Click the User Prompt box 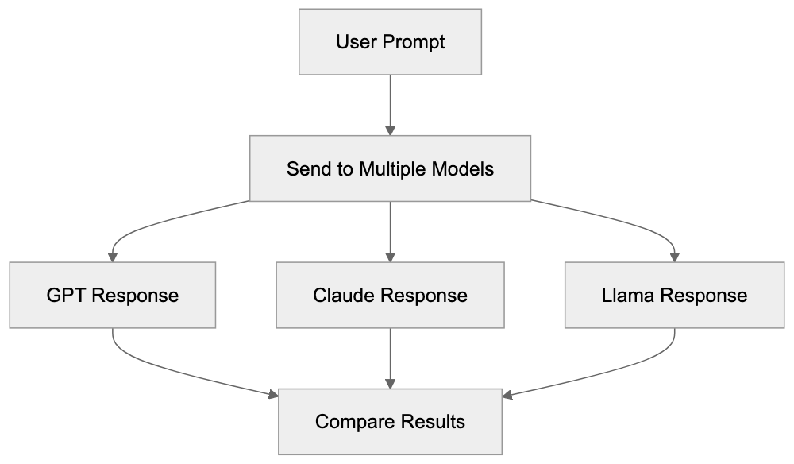[390, 41]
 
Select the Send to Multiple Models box [390, 168]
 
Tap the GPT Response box [112, 296]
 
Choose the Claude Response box [390, 296]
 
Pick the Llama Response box [674, 296]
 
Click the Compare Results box [390, 421]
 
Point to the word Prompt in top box [414, 41]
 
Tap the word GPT [65, 296]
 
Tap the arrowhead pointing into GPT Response [112, 257]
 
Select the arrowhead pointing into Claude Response [390, 257]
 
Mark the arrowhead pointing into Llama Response [674, 257]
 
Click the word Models [467, 168]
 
